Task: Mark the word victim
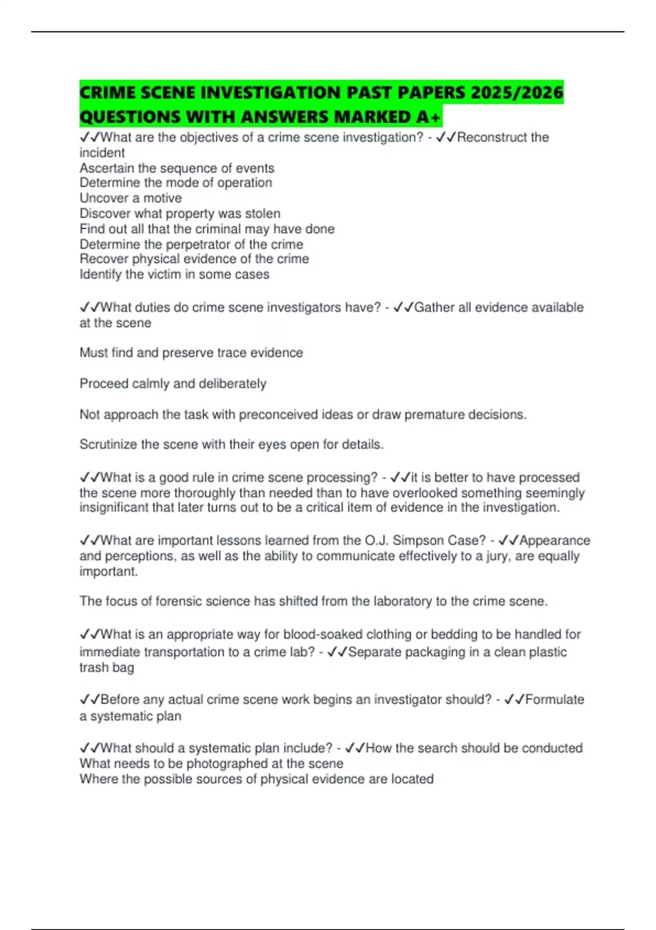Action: coord(163,274)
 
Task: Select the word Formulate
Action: coord(554,700)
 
